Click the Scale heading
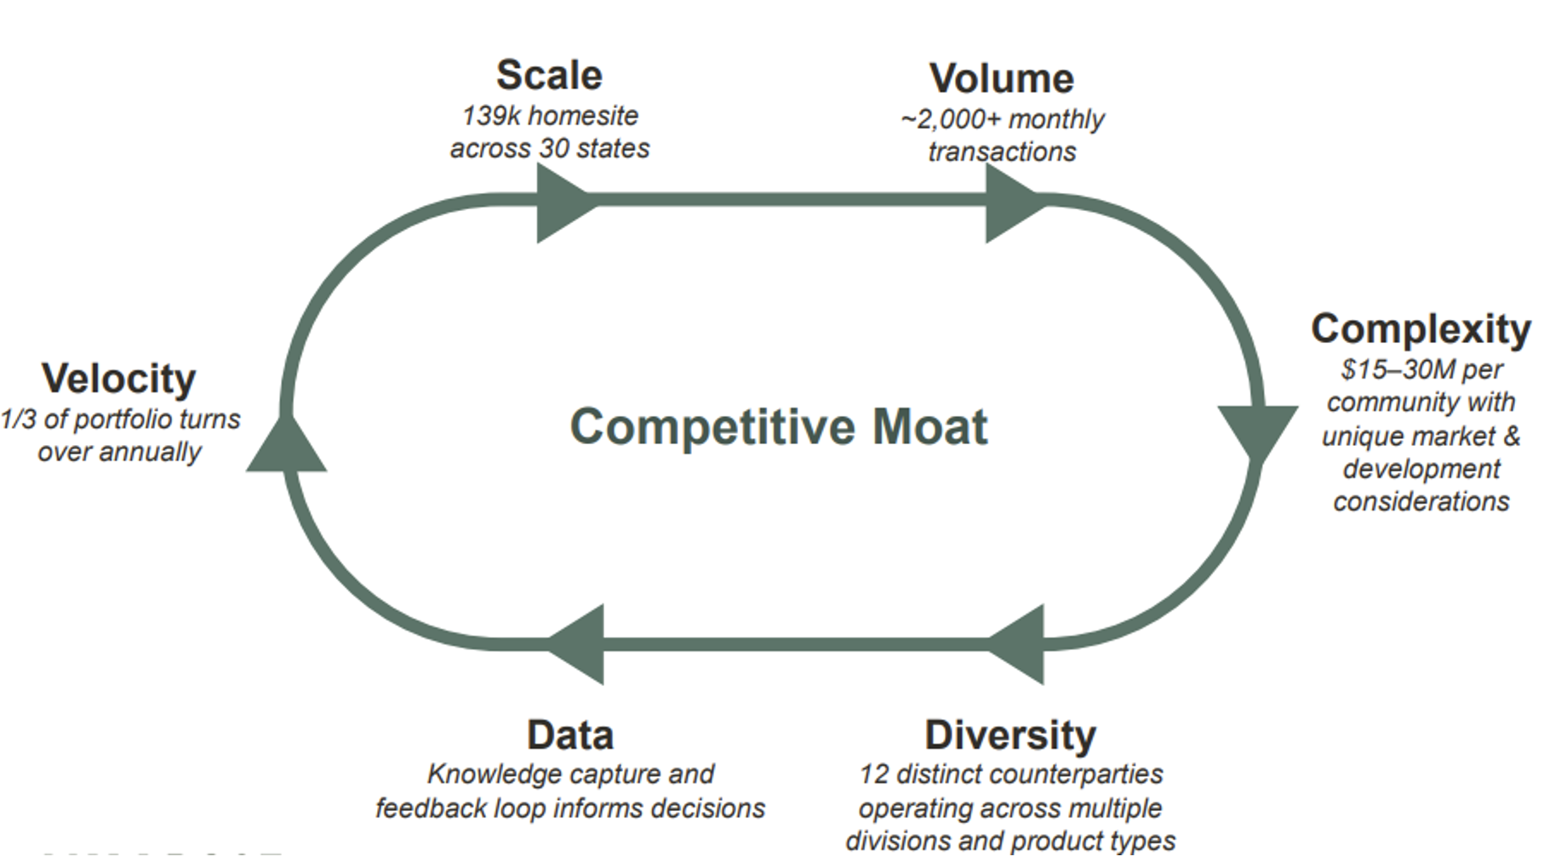tap(549, 75)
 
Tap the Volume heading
tap(1001, 78)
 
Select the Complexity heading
tap(1421, 328)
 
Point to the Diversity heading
tap(1010, 734)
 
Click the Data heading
tap(569, 734)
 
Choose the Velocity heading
tap(119, 378)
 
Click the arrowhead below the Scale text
tap(562, 203)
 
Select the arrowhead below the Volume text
tap(1010, 203)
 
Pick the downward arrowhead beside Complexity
tap(1257, 431)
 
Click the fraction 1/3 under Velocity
tap(18, 419)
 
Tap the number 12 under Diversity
tap(873, 774)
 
